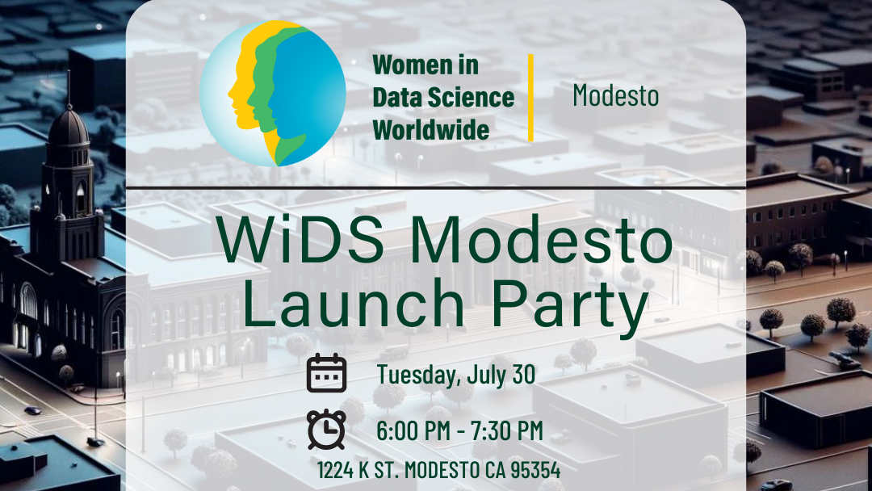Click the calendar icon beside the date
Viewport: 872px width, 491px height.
pyautogui.click(x=327, y=374)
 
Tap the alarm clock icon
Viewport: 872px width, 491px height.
pyautogui.click(x=327, y=430)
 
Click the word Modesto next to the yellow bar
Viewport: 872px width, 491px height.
pyautogui.click(x=615, y=96)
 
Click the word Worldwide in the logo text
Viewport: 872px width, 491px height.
pyautogui.click(x=431, y=129)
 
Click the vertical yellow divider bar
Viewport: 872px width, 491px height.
pyautogui.click(x=530, y=97)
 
